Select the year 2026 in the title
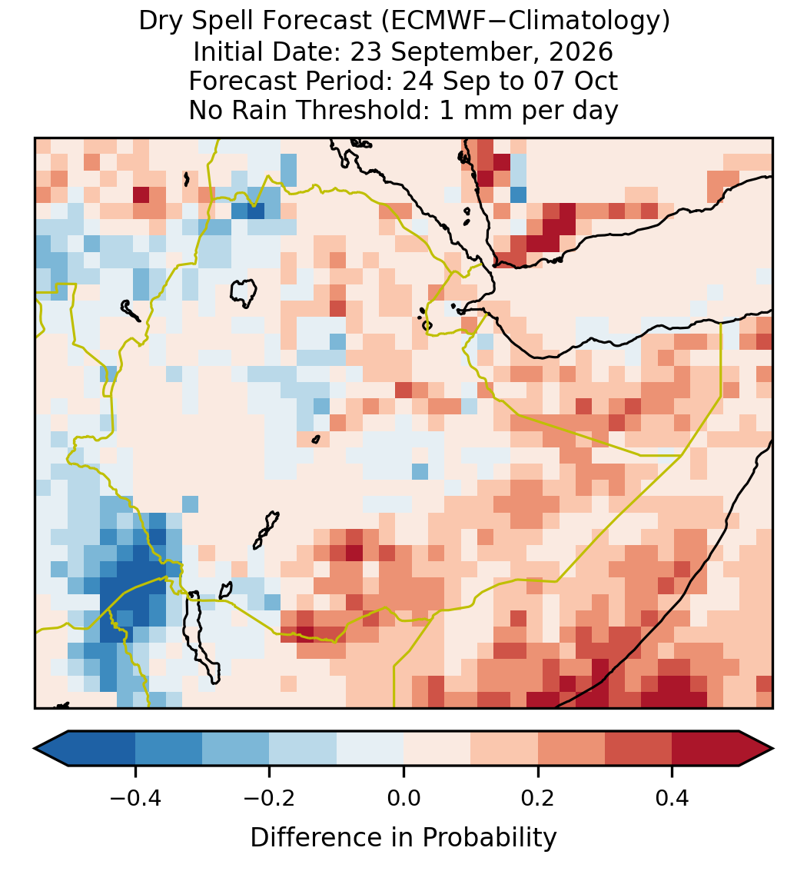pos(581,52)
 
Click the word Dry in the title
pos(160,22)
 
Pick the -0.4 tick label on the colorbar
pos(135,797)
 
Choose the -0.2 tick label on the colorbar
pos(270,797)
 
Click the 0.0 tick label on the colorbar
pos(403,797)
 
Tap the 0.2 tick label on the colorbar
pos(538,797)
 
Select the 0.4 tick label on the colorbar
pos(672,797)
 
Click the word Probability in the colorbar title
pos(489,838)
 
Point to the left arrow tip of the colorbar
pos(35,749)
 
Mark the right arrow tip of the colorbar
pos(773,749)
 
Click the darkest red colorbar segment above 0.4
pos(706,749)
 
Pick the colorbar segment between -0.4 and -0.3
pos(168,749)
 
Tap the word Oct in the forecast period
pos(596,81)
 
